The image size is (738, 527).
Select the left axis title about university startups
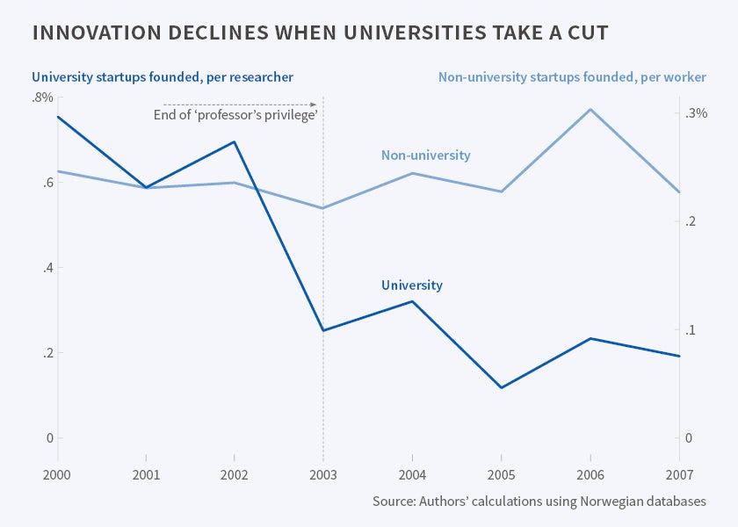pos(163,77)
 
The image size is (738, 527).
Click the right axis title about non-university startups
pos(572,77)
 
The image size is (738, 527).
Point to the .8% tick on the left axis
pos(42,97)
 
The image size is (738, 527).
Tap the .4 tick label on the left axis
pos(48,268)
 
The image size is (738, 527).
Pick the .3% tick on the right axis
pos(697,113)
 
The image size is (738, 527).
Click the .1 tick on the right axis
pos(692,330)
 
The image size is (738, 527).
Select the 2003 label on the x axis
pos(323,474)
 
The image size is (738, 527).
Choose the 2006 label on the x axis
pos(590,474)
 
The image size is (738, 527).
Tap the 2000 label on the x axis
pos(57,474)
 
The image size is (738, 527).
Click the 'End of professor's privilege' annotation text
pos(235,116)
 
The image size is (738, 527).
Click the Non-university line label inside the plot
pos(425,155)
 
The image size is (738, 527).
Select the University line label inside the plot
pos(412,285)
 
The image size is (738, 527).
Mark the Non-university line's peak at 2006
pos(590,109)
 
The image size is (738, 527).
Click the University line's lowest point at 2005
pos(501,387)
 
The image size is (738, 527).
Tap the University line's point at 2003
pos(323,330)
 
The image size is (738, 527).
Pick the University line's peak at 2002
pos(235,141)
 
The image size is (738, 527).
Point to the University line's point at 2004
pos(412,301)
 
